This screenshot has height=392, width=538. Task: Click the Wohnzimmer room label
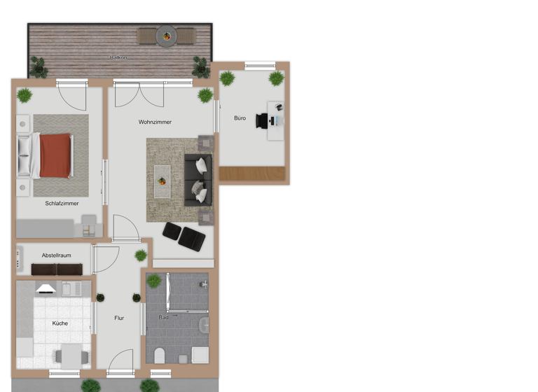[155, 122]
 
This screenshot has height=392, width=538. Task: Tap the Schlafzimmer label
[62, 204]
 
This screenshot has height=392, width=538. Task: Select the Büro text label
[240, 118]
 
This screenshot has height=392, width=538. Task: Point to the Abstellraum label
[56, 255]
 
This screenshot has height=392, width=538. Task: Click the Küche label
[60, 323]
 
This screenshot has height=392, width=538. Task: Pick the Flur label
[119, 318]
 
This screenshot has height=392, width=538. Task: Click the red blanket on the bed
[55, 155]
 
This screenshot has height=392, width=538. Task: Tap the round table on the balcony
[167, 34]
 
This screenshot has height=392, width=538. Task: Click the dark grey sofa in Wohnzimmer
[198, 180]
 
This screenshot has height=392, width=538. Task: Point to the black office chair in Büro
[263, 120]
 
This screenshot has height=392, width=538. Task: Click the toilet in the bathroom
[159, 355]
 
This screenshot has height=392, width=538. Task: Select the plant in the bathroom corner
[153, 281]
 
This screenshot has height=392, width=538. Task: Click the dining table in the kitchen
[71, 356]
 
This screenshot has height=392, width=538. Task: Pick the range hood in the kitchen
[46, 288]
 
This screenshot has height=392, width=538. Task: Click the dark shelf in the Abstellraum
[57, 269]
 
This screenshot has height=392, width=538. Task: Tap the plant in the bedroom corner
[25, 94]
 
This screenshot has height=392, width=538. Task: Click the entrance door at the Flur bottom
[120, 364]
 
